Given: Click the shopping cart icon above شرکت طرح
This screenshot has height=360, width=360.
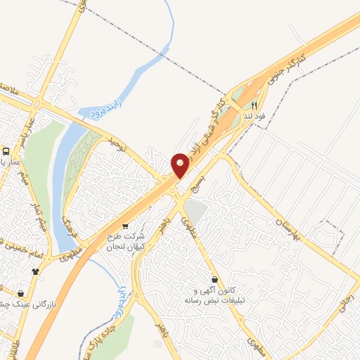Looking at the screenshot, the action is [x=125, y=226].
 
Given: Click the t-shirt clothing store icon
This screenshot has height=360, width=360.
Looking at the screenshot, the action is [x=34, y=271].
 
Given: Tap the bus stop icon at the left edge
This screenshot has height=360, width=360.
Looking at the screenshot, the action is [x=6, y=151].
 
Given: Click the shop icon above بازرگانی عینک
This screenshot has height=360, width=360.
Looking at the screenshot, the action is [x=20, y=293].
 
